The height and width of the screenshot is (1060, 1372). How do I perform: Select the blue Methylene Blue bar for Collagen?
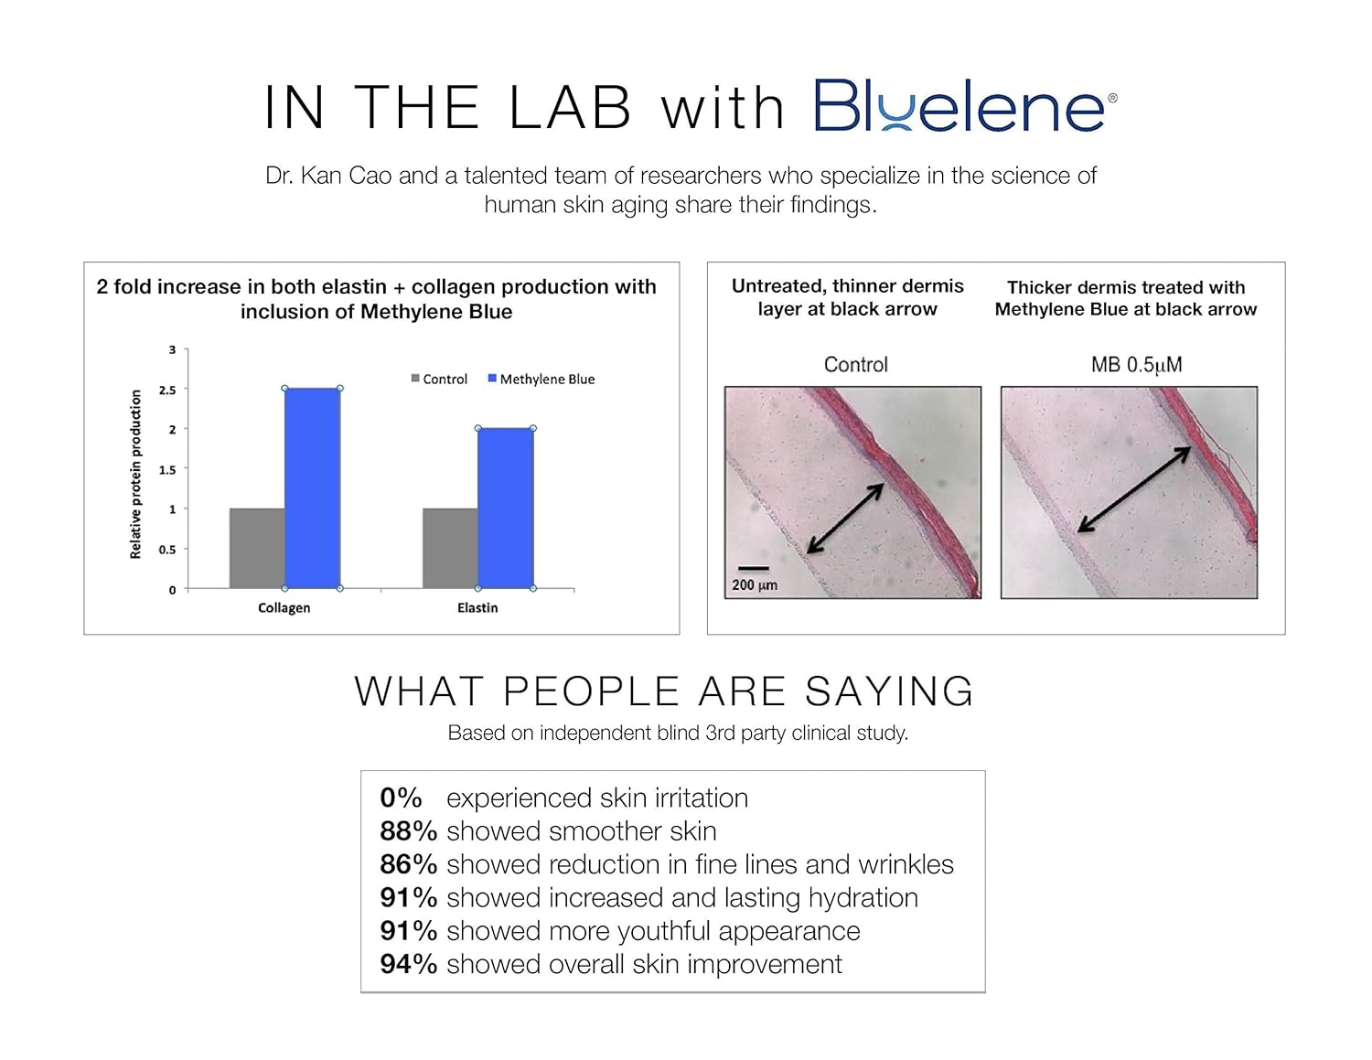coord(313,488)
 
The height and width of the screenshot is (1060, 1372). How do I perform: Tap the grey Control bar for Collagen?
coord(257,549)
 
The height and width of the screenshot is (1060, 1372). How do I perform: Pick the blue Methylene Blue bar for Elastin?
coord(506,509)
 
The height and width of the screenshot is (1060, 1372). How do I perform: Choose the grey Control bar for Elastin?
coord(450,549)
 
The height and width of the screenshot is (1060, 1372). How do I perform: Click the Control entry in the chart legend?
coord(439,379)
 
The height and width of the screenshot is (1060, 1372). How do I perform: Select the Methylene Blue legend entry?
coord(541,379)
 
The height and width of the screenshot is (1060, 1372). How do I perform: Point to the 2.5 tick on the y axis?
coord(167,391)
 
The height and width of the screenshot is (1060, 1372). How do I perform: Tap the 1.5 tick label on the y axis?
coord(167,470)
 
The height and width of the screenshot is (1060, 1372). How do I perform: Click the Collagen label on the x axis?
coord(284,608)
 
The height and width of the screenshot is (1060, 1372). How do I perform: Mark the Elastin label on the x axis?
coord(477,607)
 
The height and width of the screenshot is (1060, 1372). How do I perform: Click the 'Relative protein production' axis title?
coord(135,474)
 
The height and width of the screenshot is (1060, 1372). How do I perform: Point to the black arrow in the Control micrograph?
coord(845,519)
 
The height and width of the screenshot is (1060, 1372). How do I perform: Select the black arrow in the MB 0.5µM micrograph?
coord(1134,489)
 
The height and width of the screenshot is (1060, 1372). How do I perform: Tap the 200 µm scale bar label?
coord(755,585)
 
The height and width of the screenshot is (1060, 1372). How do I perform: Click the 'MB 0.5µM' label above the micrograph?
coord(1137,365)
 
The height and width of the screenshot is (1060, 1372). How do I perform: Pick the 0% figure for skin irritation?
coord(401,798)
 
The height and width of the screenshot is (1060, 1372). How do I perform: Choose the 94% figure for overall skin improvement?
coord(409,965)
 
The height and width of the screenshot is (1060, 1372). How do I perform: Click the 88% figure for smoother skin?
coord(409,831)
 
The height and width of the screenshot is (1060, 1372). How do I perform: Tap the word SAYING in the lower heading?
coord(889,691)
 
